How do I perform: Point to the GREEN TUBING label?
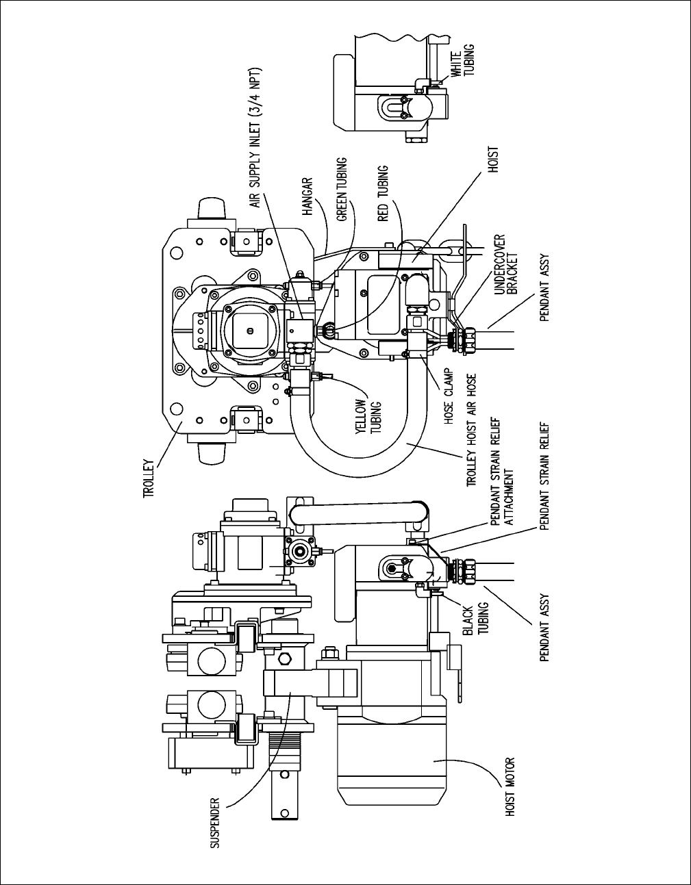342,190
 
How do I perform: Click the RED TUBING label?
383,194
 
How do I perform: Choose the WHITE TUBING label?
462,60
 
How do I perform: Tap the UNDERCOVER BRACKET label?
505,264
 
